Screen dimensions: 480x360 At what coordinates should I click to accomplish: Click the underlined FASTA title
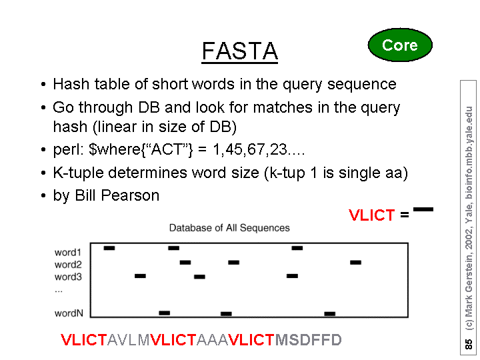[x=240, y=51]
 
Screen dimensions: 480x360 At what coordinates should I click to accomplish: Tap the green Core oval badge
[x=400, y=45]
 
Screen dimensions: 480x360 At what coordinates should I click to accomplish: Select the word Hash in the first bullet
[x=71, y=84]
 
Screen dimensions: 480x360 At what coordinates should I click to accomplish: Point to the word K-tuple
[x=79, y=173]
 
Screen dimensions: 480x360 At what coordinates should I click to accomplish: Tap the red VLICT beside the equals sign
[x=371, y=215]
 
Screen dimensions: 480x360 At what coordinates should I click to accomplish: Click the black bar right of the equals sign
[x=423, y=209]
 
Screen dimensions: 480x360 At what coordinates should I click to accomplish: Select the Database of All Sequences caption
[x=229, y=228]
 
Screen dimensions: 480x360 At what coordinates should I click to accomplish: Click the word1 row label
[x=68, y=253]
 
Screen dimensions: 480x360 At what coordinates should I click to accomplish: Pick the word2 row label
[x=68, y=265]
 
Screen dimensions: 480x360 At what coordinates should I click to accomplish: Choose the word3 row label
[x=68, y=277]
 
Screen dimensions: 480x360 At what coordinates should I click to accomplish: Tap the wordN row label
[x=69, y=313]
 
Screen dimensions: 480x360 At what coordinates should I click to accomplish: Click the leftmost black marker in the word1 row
[x=109, y=248]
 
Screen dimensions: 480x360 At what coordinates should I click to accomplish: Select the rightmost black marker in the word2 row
[x=356, y=263]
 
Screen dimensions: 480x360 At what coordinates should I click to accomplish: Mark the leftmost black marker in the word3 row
[x=140, y=276]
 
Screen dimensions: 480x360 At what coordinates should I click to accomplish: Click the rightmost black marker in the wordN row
[x=330, y=314]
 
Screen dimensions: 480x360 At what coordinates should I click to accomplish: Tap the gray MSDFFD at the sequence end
[x=308, y=340]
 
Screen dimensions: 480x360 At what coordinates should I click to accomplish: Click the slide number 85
[x=469, y=344]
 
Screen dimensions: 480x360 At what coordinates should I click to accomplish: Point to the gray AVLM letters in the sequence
[x=129, y=340]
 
